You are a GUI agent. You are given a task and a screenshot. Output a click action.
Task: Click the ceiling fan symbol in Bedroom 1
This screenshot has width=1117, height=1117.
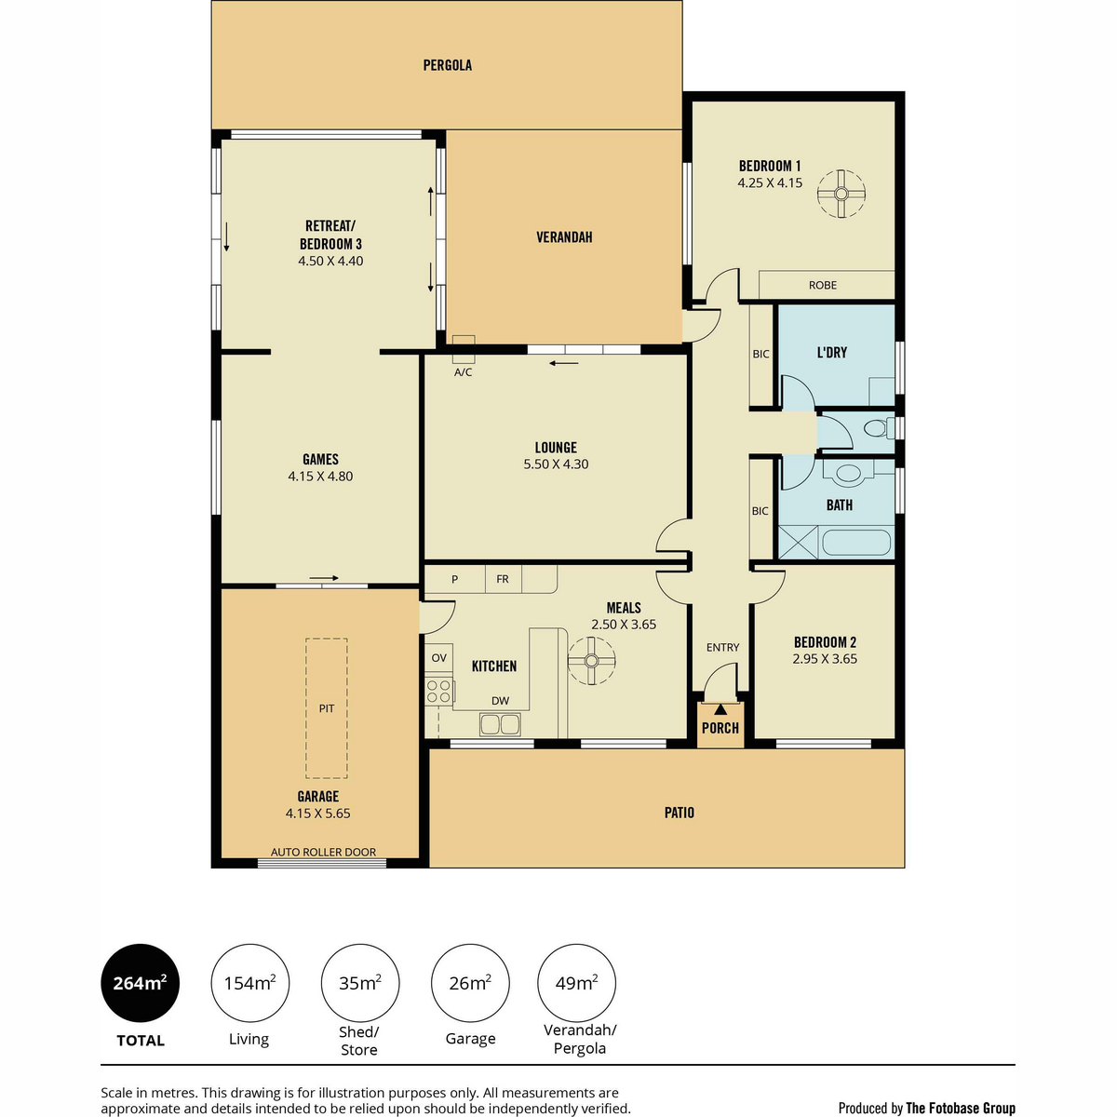point(841,194)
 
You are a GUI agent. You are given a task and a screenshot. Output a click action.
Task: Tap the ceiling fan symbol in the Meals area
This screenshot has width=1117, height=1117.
point(591,660)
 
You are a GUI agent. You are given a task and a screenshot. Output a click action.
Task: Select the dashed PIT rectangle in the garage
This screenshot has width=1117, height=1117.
point(327,707)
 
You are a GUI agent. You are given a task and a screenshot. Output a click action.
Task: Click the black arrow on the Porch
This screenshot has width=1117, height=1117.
point(720,709)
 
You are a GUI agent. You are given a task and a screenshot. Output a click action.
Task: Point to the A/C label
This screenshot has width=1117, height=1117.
point(463,372)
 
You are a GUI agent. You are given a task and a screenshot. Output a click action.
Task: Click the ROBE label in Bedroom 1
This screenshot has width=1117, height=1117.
point(823,285)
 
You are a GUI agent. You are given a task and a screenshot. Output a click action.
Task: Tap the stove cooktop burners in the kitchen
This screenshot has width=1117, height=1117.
point(438,692)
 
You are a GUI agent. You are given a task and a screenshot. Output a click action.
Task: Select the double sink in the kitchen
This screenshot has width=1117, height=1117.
point(500,724)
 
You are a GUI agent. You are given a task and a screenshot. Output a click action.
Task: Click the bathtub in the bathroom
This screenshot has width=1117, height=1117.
point(856,542)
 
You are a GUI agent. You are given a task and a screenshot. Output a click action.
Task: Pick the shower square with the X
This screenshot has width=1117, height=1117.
point(798,542)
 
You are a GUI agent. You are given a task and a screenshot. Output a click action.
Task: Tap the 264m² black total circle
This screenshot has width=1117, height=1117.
point(141,983)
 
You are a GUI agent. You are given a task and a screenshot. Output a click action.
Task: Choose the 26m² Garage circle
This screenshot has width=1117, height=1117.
point(470,983)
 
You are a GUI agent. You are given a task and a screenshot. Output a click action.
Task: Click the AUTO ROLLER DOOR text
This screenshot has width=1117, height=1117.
point(323,852)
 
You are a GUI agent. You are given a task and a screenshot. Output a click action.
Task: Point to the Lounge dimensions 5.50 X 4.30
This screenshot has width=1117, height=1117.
point(556,464)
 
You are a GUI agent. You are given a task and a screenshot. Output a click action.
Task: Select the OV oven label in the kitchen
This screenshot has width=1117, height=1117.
point(438,657)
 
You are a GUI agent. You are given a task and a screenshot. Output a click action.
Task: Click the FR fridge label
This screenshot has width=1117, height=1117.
point(502,578)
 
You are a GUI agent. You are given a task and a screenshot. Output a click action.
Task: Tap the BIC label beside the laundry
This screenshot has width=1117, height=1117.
point(760,354)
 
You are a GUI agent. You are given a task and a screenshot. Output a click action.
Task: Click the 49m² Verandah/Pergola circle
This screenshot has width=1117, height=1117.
point(577,983)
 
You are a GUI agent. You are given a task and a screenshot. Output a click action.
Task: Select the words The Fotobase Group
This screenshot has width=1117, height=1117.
point(961,1108)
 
